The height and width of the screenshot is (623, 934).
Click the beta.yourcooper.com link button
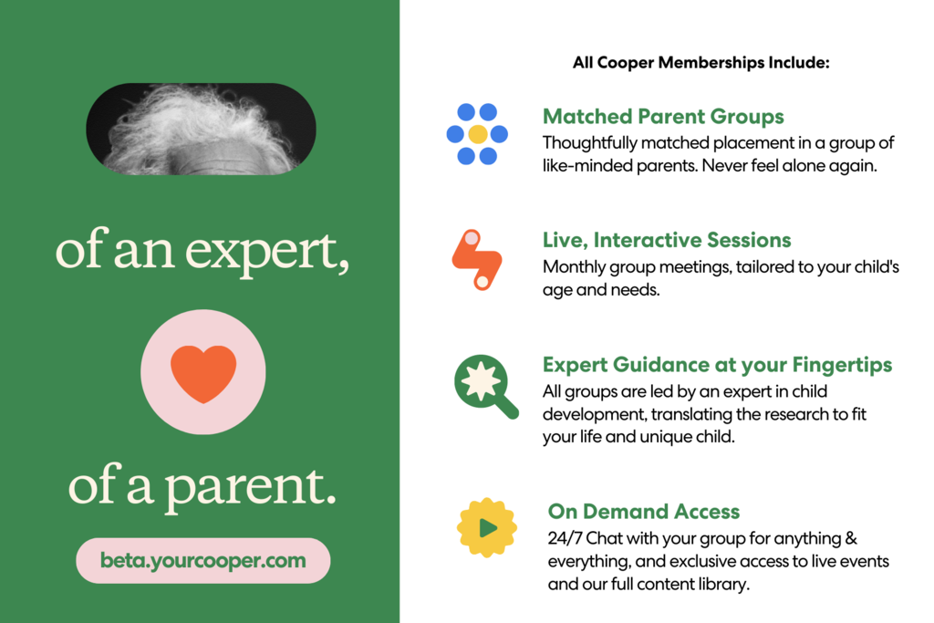pos(203,560)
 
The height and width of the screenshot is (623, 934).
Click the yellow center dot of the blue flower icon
pos(477,134)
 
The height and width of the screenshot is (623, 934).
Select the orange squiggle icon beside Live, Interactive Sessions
pos(477,260)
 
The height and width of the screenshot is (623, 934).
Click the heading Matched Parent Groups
pos(663,117)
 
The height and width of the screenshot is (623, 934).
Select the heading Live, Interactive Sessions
pos(667,240)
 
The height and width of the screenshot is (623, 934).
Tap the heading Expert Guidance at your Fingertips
pos(717,365)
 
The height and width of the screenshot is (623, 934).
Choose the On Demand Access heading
pos(644,511)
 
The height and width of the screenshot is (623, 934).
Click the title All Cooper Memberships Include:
pos(701,63)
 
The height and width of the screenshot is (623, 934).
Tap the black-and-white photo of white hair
pos(201,129)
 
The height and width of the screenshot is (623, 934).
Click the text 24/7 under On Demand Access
pos(566,538)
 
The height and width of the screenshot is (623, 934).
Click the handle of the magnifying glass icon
pos(506,408)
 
